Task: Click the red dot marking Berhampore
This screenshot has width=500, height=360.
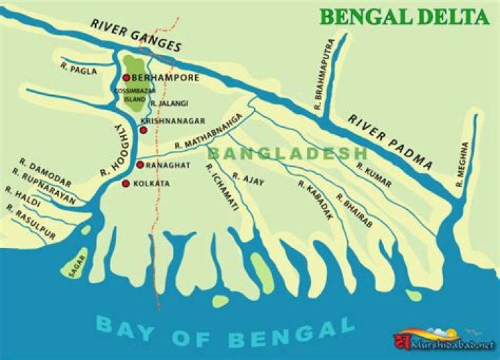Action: point(126,78)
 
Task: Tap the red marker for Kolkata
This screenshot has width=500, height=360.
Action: point(126,183)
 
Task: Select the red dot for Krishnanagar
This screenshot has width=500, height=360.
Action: point(143,130)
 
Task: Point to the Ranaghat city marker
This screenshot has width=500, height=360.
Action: point(140,165)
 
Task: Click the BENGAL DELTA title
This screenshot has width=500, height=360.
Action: point(404,17)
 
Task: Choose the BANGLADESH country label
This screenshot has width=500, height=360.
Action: point(287,153)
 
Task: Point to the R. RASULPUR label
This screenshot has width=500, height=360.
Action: point(30,223)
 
